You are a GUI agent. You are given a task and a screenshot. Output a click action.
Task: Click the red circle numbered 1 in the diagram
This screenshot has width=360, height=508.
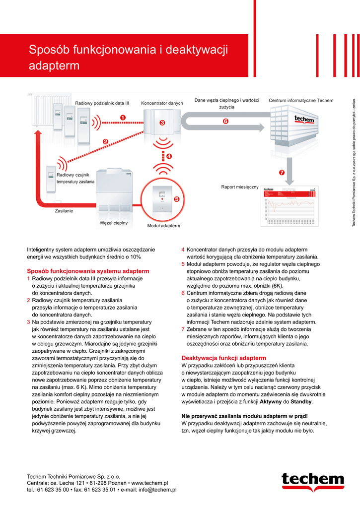tap(122, 117)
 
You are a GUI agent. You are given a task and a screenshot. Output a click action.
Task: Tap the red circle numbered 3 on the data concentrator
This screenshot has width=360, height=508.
tap(162, 123)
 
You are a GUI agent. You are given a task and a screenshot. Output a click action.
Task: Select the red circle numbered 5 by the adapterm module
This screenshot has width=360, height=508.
tap(176, 199)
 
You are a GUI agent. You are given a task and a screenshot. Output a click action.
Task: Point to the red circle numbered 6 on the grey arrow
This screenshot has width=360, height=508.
tap(225, 121)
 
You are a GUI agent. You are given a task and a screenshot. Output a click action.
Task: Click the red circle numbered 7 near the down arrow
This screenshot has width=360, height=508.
tap(282, 173)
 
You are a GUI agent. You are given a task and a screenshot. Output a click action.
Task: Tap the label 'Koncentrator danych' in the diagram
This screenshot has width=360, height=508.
tap(162, 103)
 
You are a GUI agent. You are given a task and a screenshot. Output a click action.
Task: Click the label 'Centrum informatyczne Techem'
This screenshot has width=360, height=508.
tap(301, 101)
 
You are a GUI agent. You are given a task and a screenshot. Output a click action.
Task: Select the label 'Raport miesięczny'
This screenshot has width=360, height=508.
tap(240, 187)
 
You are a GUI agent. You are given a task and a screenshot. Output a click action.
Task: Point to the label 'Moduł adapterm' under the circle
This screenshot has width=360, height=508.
tap(163, 226)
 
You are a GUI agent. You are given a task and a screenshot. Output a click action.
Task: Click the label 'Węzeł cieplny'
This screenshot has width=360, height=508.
tap(114, 223)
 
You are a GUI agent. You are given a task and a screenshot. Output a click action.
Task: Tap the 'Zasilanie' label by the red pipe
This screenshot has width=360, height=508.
tap(64, 211)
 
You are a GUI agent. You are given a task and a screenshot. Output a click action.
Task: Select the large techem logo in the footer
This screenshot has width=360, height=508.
tap(312, 480)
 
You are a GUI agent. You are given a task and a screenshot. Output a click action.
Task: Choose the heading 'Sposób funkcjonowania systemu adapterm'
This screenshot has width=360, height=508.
tap(88, 271)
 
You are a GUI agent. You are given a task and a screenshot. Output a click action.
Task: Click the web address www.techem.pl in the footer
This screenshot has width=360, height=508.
tap(149, 483)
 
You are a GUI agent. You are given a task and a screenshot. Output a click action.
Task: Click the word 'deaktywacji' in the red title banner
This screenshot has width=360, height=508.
tap(198, 50)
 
